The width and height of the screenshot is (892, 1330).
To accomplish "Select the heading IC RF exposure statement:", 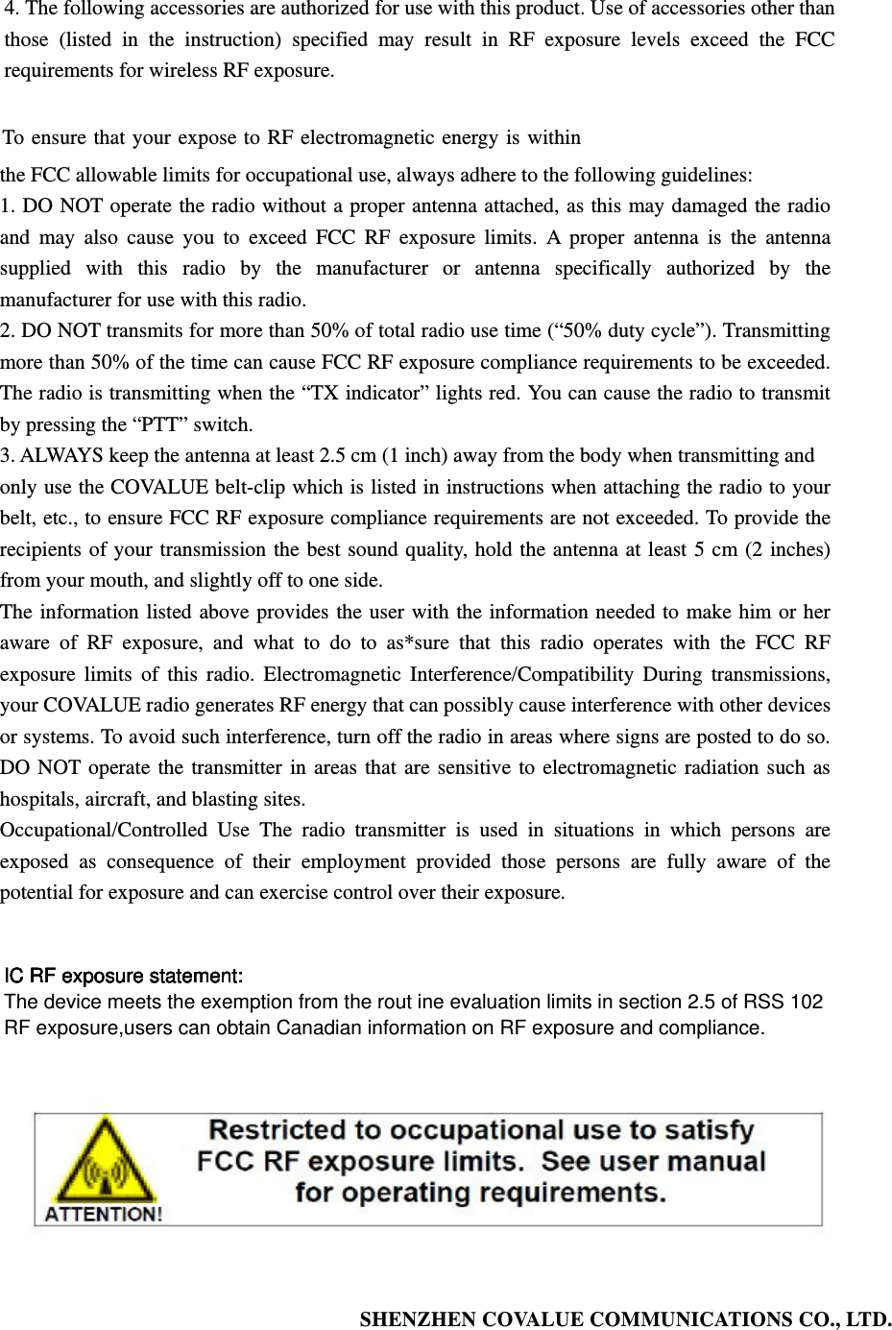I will [x=124, y=977].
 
